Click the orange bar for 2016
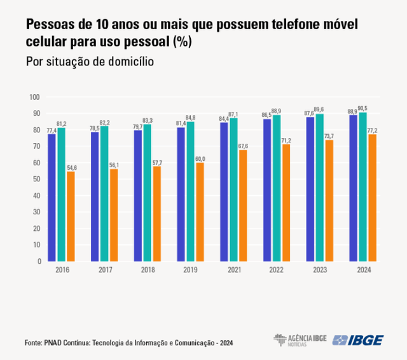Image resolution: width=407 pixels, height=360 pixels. pyautogui.click(x=71, y=216)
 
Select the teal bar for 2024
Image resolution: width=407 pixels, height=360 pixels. pyautogui.click(x=362, y=187)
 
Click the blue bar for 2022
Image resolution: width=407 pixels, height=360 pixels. pyautogui.click(x=267, y=190)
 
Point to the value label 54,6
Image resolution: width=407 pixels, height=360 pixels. pyautogui.click(x=71, y=167)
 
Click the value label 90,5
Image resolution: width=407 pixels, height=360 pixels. pyautogui.click(x=363, y=108)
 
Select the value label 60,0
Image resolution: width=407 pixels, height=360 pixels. pyautogui.click(x=200, y=158)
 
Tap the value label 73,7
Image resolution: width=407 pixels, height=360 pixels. pyautogui.click(x=329, y=136)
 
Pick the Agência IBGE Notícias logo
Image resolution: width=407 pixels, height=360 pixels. pyautogui.click(x=300, y=340)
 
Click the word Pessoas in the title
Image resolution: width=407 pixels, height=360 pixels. pyautogui.click(x=49, y=25)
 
